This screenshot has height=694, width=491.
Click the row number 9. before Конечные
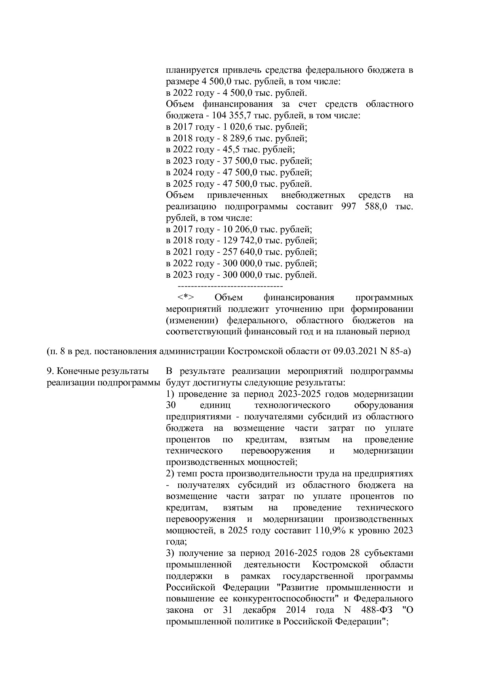click(50, 371)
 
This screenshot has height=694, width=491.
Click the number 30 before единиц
click(171, 406)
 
